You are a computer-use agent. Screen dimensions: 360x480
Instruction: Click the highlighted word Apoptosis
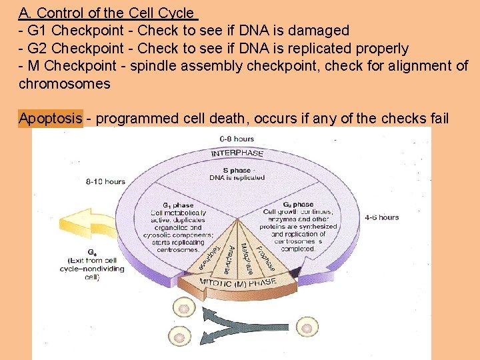point(51,119)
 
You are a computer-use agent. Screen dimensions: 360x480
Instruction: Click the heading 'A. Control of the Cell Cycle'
point(106,13)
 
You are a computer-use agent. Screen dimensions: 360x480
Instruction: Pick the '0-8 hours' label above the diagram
point(237,139)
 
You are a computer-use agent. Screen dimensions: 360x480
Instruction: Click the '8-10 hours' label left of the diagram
point(105,181)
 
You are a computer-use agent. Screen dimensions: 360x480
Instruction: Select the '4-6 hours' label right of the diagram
point(382,217)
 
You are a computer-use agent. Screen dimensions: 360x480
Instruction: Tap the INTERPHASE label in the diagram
point(237,154)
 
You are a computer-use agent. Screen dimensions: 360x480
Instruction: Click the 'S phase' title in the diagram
point(237,171)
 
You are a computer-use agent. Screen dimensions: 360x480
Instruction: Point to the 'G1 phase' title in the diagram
point(178,205)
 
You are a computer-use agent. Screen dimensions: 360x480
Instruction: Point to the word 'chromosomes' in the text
point(64,85)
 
